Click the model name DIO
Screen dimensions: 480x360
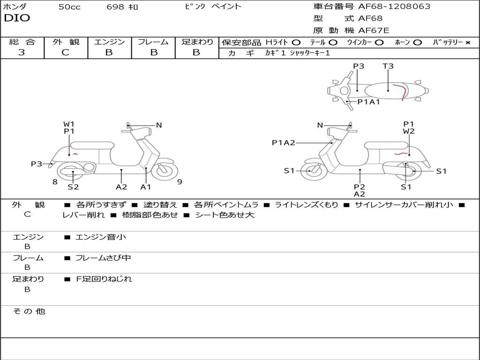[17, 18]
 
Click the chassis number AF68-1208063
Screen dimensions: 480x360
[394, 6]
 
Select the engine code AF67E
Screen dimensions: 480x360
[374, 30]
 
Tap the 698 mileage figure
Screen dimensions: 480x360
[115, 7]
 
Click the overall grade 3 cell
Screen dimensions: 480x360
[22, 52]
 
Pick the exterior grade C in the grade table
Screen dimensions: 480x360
[65, 52]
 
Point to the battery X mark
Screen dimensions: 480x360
[468, 43]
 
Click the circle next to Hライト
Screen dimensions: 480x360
[296, 43]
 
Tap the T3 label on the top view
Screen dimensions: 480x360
[388, 66]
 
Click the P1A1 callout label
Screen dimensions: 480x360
[368, 102]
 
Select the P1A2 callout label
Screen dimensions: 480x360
[284, 142]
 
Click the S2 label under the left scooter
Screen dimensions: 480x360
[73, 187]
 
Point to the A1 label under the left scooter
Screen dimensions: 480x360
[146, 187]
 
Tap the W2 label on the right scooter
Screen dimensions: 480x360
[409, 131]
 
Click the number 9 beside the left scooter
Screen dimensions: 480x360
[180, 182]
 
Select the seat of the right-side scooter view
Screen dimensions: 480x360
[386, 145]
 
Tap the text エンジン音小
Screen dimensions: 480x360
[100, 237]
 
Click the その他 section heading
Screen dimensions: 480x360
[29, 311]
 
